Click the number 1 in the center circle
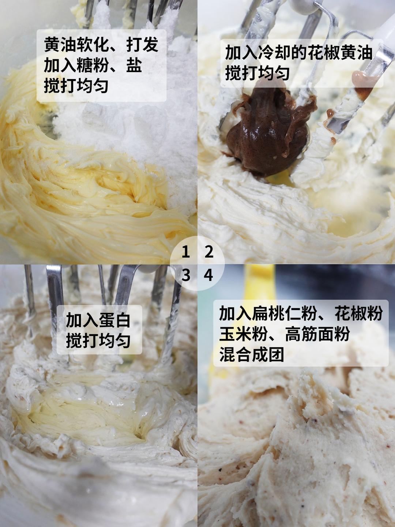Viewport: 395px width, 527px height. point(186,252)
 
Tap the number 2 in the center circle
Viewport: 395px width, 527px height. point(209,252)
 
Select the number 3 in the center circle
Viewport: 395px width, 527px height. point(186,275)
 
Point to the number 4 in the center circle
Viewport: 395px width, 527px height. point(208,275)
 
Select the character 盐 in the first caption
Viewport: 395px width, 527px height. point(134,65)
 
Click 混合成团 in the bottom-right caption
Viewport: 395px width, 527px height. point(252,354)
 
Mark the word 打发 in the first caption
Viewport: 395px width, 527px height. point(143,45)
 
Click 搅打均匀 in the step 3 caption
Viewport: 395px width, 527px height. point(98,340)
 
